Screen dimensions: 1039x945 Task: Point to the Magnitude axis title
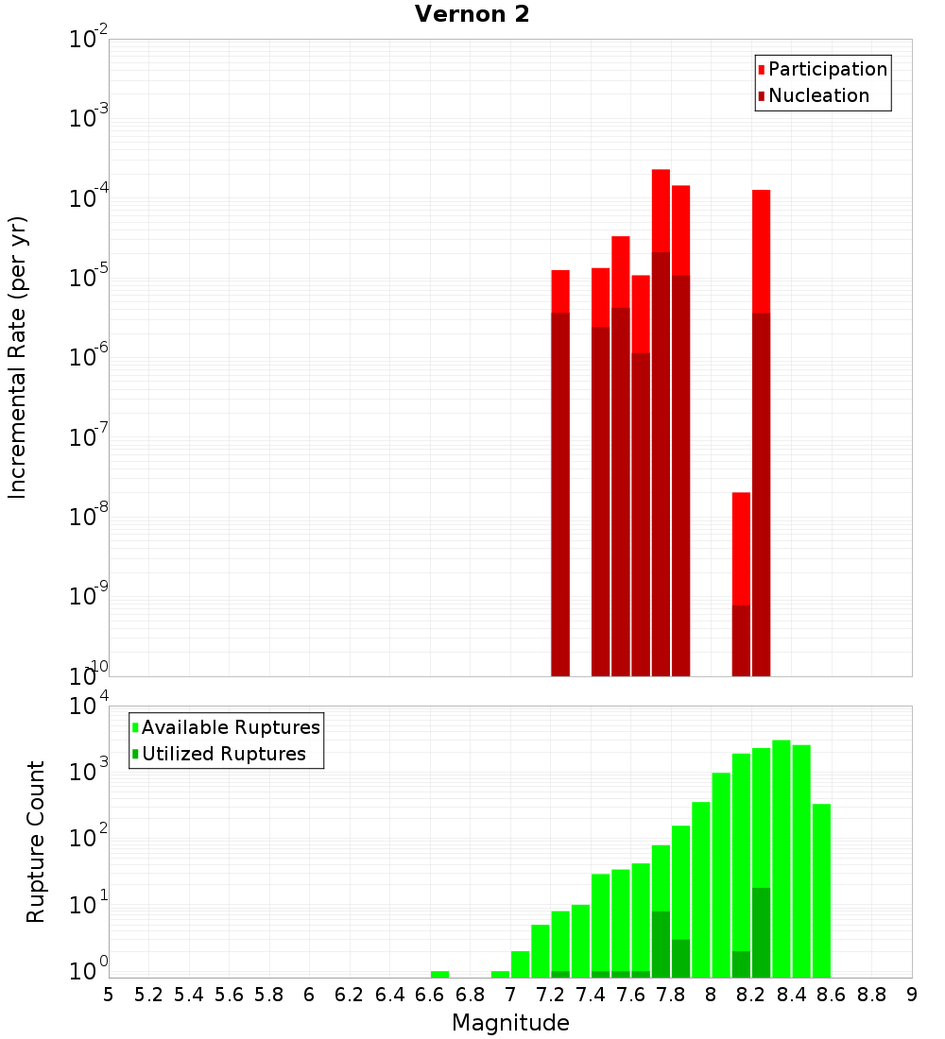pyautogui.click(x=510, y=1023)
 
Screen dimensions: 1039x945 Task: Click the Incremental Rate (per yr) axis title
pyautogui.click(x=18, y=358)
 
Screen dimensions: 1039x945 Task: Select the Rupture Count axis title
pyautogui.click(x=36, y=842)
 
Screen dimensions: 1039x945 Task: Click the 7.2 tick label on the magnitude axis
pyautogui.click(x=550, y=995)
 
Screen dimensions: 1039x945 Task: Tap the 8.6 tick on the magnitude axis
pyautogui.click(x=832, y=995)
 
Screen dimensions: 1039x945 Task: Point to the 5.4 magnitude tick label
pyautogui.click(x=188, y=995)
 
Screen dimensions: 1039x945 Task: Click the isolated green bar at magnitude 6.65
pyautogui.click(x=439, y=974)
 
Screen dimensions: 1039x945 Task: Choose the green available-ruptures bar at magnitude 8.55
pyautogui.click(x=821, y=888)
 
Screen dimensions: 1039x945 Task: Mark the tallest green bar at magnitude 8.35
pyautogui.click(x=781, y=850)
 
